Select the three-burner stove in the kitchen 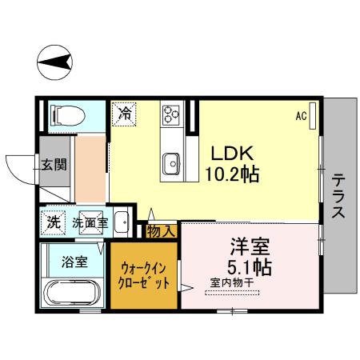click(x=171, y=114)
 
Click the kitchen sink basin click(x=171, y=165)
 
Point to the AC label click(x=301, y=116)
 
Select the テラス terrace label click(x=338, y=196)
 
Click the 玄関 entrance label click(x=54, y=166)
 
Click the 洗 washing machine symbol click(x=53, y=222)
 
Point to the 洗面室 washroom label click(x=90, y=222)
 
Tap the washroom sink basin click(x=122, y=223)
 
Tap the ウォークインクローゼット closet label click(x=145, y=276)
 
